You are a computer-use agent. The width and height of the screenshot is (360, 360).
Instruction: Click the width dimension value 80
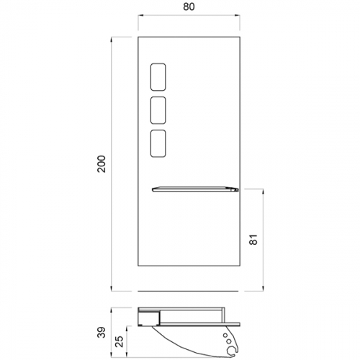(x=189, y=6)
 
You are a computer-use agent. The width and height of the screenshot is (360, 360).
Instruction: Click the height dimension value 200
(x=102, y=164)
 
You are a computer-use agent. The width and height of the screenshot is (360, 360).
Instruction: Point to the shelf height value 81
(x=253, y=239)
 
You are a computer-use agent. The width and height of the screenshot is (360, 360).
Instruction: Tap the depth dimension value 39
(x=102, y=332)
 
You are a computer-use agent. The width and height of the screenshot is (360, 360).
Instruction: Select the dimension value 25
(x=120, y=341)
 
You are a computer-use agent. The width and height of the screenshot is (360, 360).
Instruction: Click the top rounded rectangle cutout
(x=158, y=77)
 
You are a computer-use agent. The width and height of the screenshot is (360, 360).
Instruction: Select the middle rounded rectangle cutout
(x=158, y=110)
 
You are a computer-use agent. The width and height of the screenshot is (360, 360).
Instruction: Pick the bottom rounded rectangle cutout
(x=158, y=143)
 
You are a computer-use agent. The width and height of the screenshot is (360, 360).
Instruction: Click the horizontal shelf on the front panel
(x=195, y=189)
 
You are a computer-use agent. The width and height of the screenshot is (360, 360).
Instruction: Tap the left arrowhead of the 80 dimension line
(x=140, y=16)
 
